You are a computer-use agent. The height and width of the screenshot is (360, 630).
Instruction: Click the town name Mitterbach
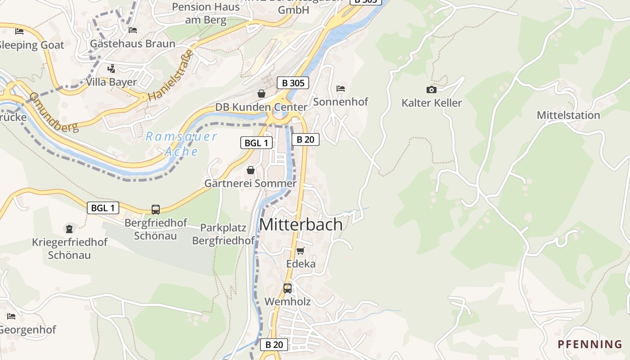coord(301,225)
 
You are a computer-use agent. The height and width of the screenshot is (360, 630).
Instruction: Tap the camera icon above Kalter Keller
coord(431,90)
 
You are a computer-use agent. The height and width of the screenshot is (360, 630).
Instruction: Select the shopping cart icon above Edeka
coord(300,251)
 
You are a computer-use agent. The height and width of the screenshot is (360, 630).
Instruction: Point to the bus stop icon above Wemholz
coord(287,288)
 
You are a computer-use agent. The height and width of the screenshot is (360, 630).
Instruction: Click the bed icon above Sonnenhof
coord(341,89)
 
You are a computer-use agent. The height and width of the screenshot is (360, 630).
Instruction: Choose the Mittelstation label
coord(568,115)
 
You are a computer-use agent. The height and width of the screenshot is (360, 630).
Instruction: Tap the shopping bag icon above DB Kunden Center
coord(261,94)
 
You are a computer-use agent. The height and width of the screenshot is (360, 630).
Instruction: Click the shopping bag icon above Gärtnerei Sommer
coord(251,170)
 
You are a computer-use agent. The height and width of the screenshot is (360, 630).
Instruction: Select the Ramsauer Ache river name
coord(181,144)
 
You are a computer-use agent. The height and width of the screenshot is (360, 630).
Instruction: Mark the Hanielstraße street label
coord(171,75)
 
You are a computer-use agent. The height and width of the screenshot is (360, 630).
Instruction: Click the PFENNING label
coord(590,345)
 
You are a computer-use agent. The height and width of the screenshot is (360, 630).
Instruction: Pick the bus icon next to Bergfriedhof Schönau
coord(155,209)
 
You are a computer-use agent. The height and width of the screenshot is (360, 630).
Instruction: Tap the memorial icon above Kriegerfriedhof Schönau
coord(69,229)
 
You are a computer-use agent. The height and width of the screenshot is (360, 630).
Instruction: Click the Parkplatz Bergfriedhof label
coord(224,234)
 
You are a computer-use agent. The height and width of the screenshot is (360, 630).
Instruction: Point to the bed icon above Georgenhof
coord(11,316)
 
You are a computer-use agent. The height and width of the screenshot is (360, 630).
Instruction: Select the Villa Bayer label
coord(111,82)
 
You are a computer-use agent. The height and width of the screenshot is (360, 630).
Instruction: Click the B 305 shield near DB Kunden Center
coord(292,83)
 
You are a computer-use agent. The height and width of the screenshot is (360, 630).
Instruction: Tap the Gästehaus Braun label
coord(133,44)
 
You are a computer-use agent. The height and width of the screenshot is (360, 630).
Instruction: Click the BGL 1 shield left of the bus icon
coord(103,208)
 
